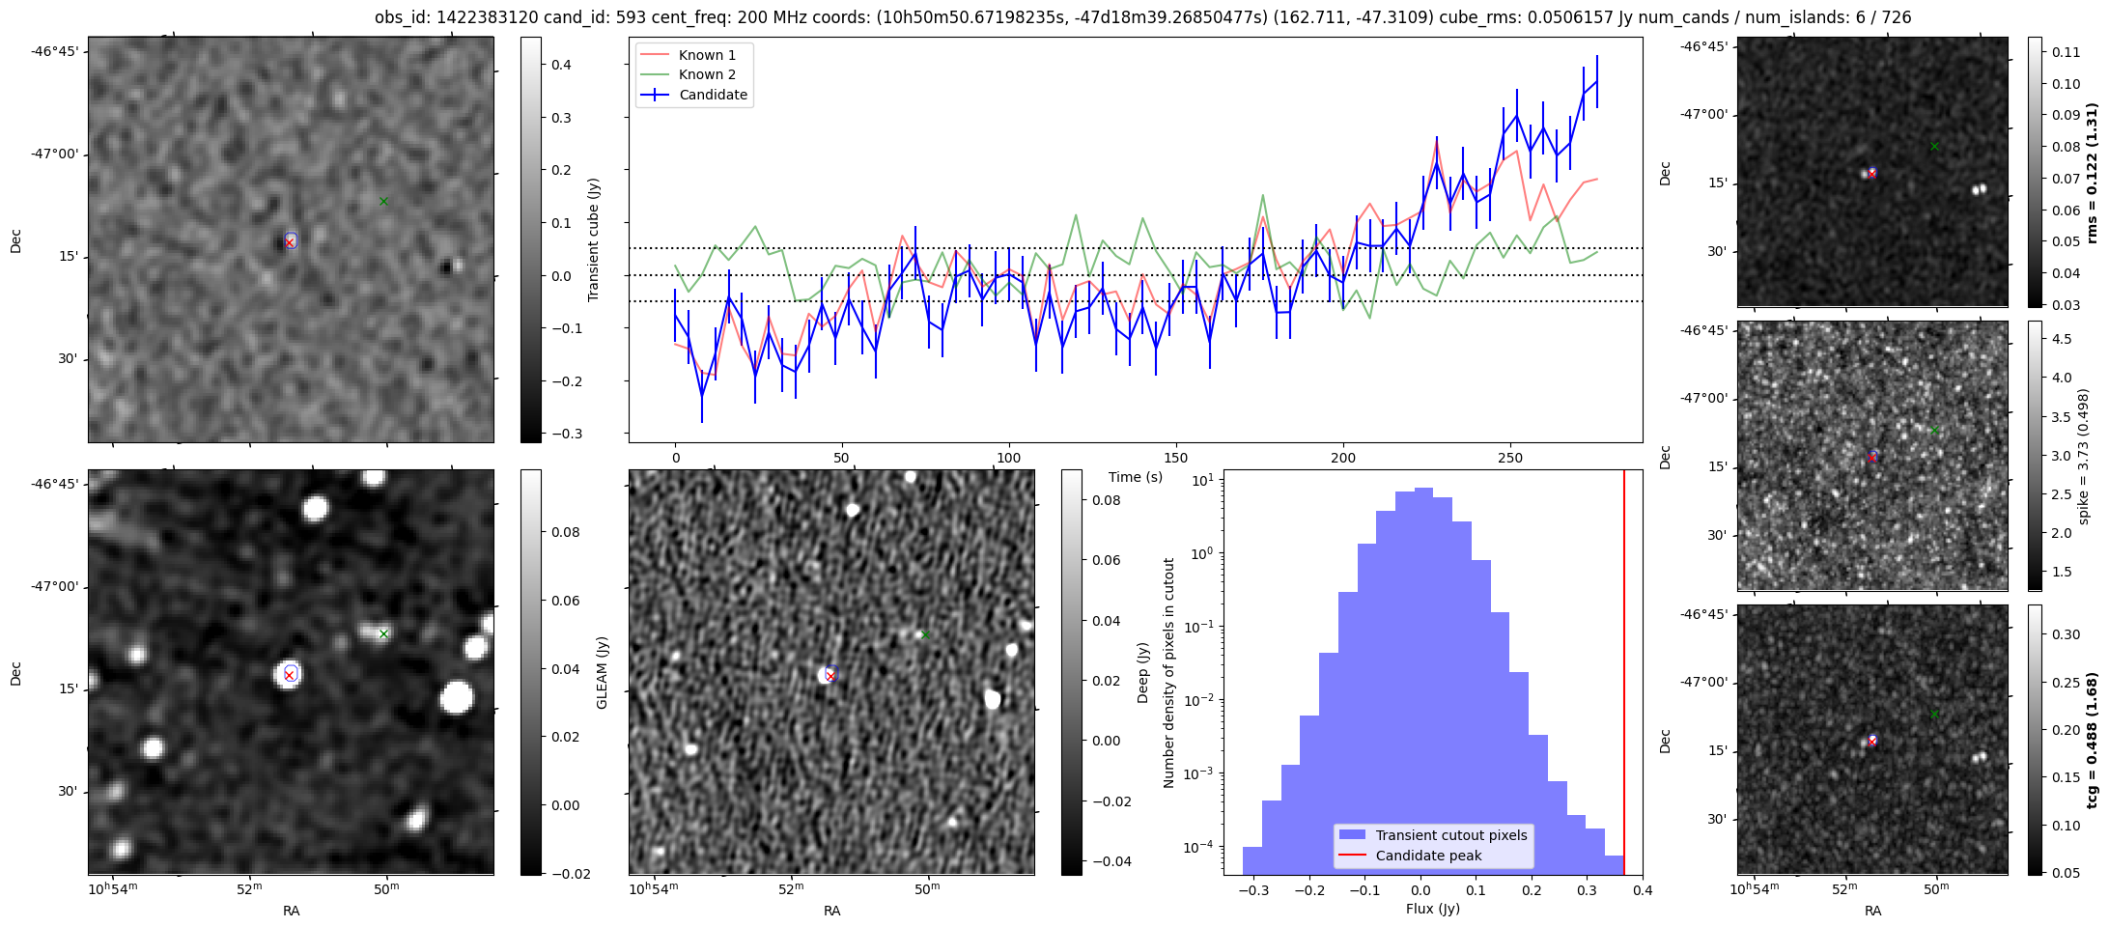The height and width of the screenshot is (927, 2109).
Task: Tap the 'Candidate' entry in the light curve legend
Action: pos(713,95)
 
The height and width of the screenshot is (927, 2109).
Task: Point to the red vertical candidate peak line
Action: pos(1624,676)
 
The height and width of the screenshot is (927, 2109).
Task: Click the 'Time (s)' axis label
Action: pos(1136,477)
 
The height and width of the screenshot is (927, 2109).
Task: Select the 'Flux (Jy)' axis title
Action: pos(1433,909)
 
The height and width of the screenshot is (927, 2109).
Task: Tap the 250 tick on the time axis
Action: pos(1509,458)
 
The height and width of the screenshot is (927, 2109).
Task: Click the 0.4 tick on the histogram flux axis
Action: pos(1643,890)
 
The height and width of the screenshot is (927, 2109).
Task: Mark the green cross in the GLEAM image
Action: pos(384,633)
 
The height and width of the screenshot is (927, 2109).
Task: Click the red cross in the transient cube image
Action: pos(290,242)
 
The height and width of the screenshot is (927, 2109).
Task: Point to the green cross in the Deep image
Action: pos(925,633)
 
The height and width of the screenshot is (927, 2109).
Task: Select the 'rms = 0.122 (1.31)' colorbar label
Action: pos(2092,172)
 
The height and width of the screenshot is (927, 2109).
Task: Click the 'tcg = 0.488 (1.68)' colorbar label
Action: pos(2092,741)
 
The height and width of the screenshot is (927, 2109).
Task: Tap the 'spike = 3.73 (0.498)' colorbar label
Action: pos(2084,456)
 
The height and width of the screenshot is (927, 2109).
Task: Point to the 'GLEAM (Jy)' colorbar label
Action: pos(602,672)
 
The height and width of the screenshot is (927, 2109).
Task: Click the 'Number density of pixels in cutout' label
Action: pos(1169,672)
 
